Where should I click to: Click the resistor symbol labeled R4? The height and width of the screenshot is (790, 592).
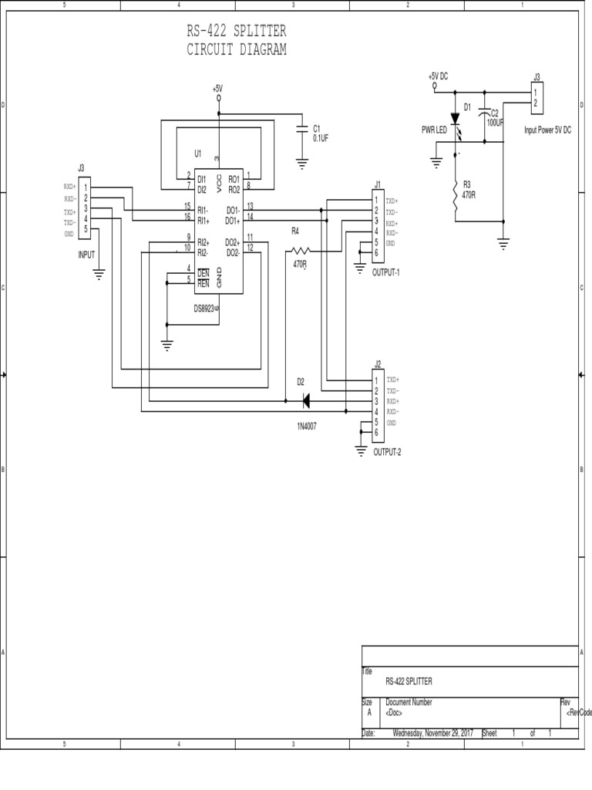298,250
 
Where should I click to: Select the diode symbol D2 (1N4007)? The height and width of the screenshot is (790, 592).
305,401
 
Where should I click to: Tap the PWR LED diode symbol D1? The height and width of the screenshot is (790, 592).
455,119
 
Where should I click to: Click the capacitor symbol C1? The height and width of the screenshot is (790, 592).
301,132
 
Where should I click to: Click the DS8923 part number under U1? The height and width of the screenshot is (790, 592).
207,308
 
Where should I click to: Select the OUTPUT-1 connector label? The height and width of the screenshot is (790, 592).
386,273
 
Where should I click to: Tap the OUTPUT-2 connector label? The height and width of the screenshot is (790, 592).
387,452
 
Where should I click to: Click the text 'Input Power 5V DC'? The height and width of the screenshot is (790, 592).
548,130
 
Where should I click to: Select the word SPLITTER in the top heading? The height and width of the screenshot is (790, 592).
260,32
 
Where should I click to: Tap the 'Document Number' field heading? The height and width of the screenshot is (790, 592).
409,702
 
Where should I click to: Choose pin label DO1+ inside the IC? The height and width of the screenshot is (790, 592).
232,221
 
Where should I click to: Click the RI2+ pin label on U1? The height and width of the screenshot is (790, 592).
203,242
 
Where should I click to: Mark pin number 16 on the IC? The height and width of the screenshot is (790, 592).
187,217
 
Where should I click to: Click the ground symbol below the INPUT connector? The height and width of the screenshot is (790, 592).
99,273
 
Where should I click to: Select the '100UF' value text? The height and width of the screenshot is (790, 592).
495,123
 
